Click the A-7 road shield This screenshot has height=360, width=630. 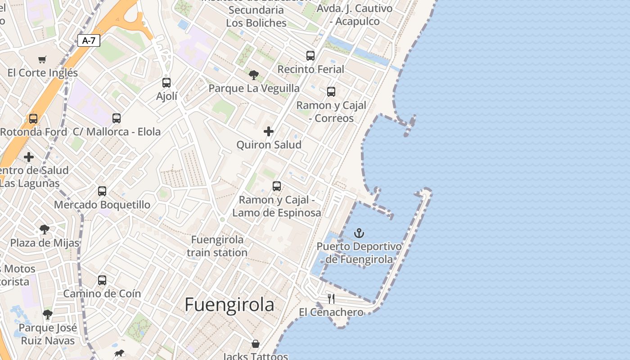[89, 40]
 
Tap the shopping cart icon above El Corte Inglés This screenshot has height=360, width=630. [42, 59]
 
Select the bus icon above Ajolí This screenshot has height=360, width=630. [166, 83]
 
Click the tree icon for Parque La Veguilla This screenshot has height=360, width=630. [254, 75]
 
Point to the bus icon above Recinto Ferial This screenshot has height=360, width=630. [310, 56]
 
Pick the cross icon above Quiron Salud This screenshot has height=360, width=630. [269, 131]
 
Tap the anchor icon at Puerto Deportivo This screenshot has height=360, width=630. [359, 233]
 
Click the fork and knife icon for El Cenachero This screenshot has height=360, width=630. [331, 298]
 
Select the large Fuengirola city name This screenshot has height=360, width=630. [229, 305]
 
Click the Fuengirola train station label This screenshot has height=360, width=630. [217, 246]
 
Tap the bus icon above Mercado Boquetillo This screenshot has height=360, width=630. [102, 191]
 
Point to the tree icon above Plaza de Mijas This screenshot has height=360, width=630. [44, 229]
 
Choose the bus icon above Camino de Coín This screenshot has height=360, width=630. [102, 280]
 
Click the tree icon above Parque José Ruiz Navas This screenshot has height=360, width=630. [48, 315]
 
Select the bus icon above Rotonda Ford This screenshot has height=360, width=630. [33, 119]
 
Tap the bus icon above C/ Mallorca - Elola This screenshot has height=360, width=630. [117, 118]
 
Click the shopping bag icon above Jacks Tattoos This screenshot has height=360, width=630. [256, 344]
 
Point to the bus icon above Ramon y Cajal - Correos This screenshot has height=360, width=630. [331, 92]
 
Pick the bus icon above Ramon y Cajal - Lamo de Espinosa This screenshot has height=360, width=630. [277, 186]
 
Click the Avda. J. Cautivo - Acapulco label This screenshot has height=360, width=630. [355, 15]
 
